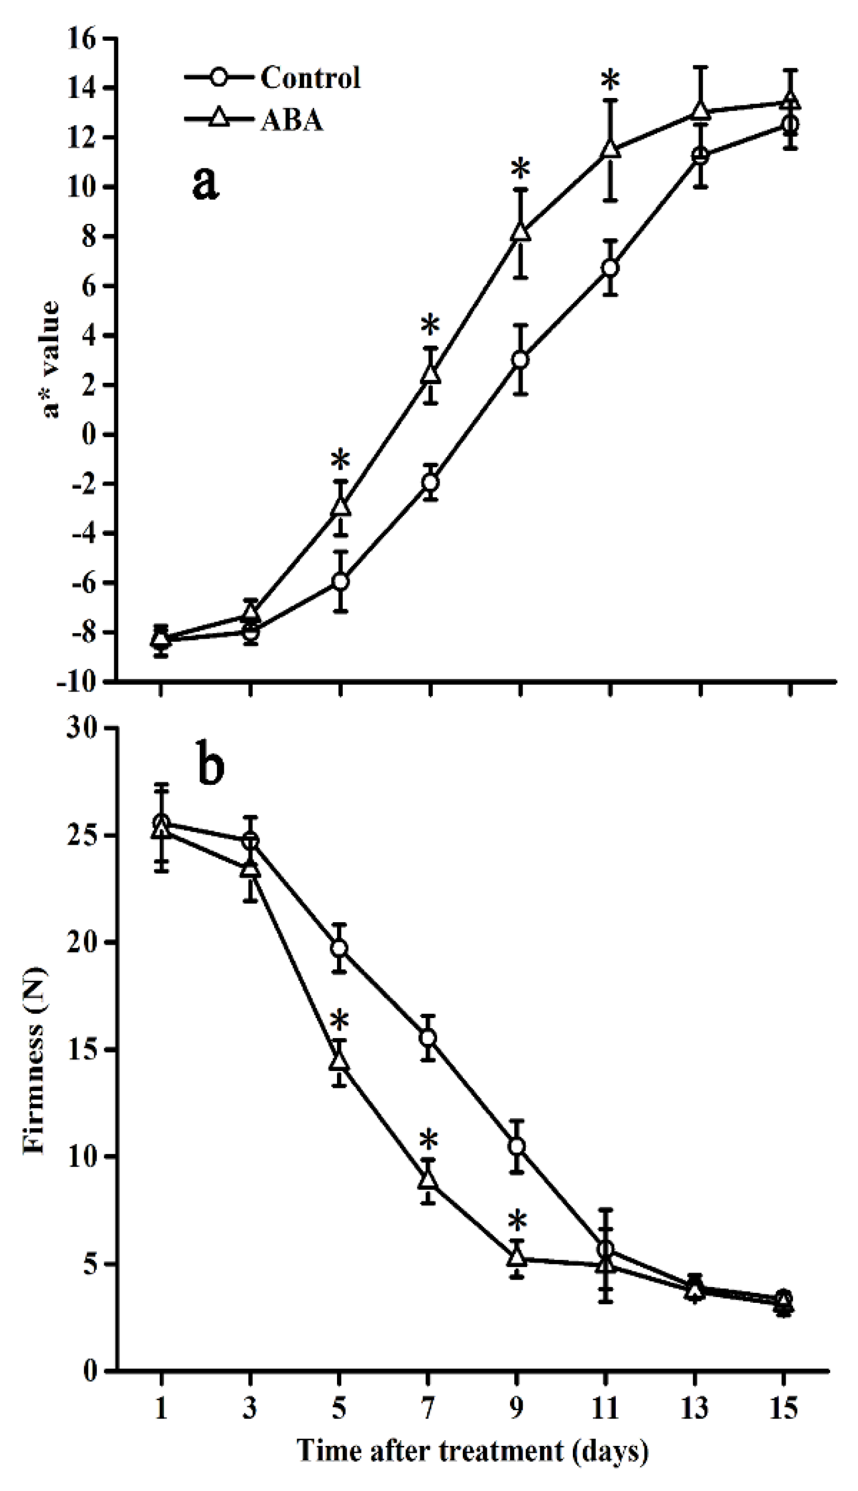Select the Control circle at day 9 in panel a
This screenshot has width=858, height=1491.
click(x=520, y=360)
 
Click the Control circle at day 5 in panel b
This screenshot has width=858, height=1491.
click(x=339, y=948)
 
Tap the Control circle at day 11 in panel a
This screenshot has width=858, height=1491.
click(x=610, y=268)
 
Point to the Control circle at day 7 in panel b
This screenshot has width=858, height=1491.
click(x=428, y=1038)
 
